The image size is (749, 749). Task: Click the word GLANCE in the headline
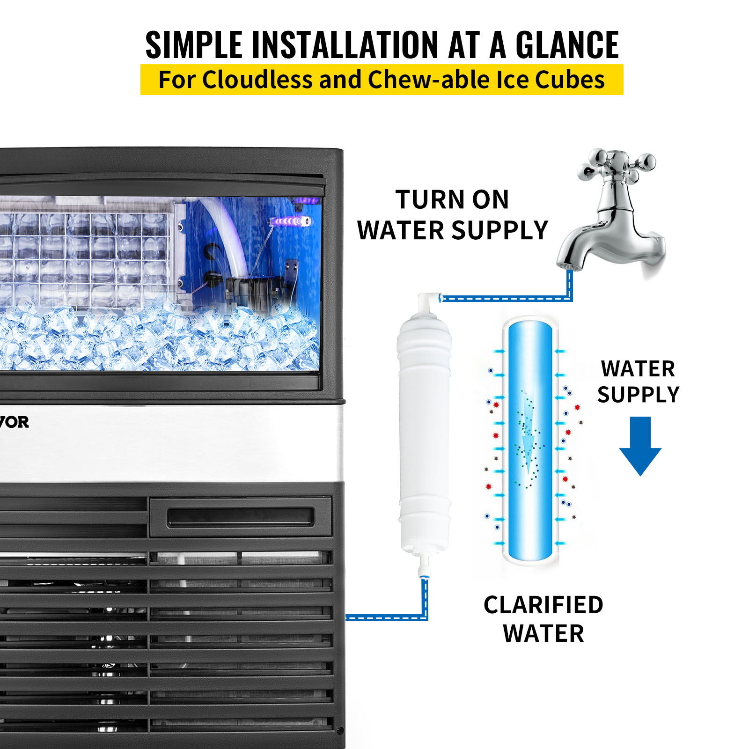coord(567,45)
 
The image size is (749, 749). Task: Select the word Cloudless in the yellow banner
coord(257,80)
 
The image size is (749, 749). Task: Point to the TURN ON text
coord(452,200)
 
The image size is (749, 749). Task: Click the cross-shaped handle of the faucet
coord(616,166)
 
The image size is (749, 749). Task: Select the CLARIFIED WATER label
coord(543,619)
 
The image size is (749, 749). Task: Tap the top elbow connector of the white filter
coord(428,300)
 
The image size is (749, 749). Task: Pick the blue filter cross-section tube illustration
coord(530,440)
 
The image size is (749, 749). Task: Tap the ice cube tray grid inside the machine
coord(84,257)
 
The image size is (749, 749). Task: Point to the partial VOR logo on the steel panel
coord(14,422)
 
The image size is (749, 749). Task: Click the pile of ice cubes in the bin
coord(159,337)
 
